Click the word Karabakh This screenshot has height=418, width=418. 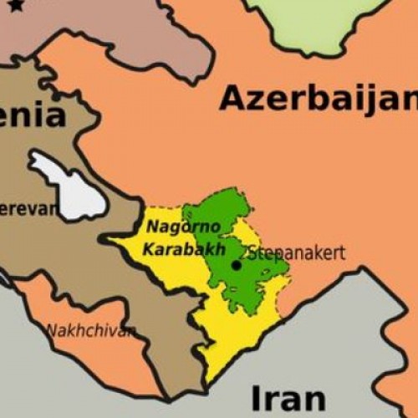click(x=172, y=249)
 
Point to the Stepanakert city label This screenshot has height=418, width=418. click(x=296, y=252)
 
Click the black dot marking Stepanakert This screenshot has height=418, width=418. click(x=237, y=265)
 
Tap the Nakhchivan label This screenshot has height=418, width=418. click(x=90, y=331)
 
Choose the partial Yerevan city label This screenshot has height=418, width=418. click(x=30, y=208)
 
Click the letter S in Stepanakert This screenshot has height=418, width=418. click(x=252, y=252)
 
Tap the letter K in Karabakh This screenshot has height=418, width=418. click(x=148, y=249)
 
